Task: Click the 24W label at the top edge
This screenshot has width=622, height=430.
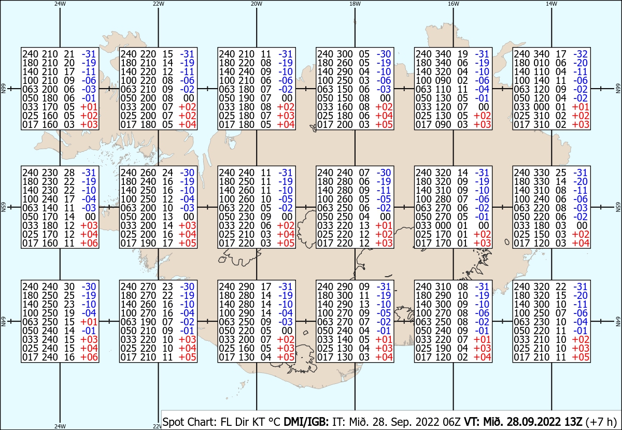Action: pyautogui.click(x=60, y=4)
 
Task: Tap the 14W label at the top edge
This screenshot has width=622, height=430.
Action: pyautogui.click(x=552, y=4)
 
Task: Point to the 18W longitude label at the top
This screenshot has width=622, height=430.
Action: pyautogui.click(x=355, y=4)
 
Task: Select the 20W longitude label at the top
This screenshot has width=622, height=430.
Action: pyautogui.click(x=257, y=4)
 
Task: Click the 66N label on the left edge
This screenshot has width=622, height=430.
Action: pyautogui.click(x=3, y=89)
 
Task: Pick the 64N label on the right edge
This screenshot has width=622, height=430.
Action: pyautogui.click(x=618, y=321)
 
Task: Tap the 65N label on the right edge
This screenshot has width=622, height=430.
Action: pyautogui.click(x=618, y=207)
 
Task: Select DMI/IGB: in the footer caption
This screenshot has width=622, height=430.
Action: pyautogui.click(x=306, y=422)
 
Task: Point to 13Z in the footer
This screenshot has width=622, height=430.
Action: pyautogui.click(x=573, y=422)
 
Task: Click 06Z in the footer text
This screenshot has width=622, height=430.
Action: pyautogui.click(x=452, y=422)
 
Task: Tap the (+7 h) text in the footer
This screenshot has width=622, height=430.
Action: pyautogui.click(x=601, y=422)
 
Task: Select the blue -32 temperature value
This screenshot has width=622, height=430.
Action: pyautogui.click(x=581, y=54)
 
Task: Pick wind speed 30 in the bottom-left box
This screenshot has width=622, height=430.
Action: pyautogui.click(x=69, y=286)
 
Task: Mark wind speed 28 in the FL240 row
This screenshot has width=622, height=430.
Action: pyautogui.click(x=69, y=173)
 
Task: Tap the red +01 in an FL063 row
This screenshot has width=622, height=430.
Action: pyautogui.click(x=89, y=322)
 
